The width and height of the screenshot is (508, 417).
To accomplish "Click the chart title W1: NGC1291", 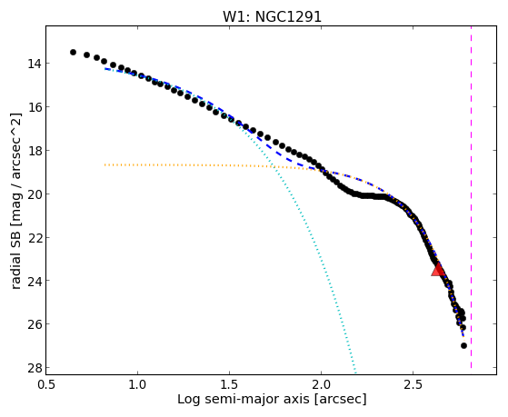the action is (272, 16).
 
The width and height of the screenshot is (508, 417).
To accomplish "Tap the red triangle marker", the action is (438, 270).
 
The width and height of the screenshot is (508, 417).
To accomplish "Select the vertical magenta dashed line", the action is (471, 197).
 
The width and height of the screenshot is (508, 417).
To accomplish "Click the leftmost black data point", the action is (74, 52).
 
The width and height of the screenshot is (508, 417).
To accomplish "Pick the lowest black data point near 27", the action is (463, 346).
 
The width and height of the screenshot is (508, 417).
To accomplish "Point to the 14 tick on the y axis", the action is (34, 64).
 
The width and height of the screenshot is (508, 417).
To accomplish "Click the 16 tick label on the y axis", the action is (34, 107).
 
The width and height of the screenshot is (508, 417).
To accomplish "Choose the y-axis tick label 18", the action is (34, 151).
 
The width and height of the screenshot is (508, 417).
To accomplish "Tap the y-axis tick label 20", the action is (34, 194).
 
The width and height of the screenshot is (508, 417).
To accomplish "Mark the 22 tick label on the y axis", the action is (34, 237).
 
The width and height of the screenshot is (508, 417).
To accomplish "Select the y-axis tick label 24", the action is (34, 281).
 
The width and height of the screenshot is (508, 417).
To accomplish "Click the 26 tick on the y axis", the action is (34, 324).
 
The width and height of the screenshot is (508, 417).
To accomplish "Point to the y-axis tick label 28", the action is (34, 368).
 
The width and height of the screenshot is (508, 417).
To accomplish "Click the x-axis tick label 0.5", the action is (46, 384).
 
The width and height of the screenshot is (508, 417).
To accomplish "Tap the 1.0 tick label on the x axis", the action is (138, 384).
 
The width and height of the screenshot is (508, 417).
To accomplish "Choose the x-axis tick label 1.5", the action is (229, 384).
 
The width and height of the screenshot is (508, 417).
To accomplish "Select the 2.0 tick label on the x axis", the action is (321, 384).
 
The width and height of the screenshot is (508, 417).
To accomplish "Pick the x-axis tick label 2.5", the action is (413, 384).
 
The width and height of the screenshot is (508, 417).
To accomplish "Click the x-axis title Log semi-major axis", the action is (244, 399).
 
